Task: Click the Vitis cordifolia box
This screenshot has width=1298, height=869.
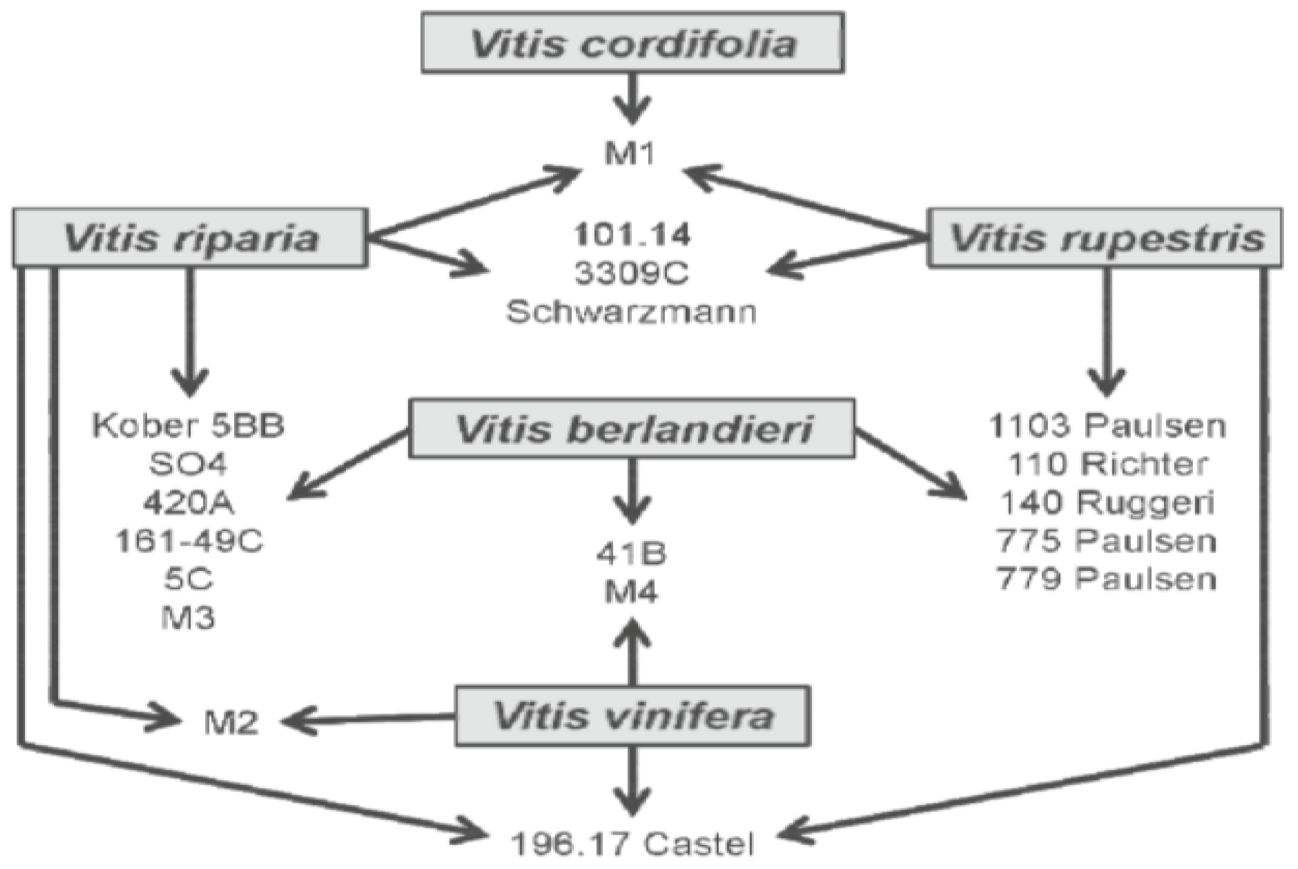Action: pos(633,43)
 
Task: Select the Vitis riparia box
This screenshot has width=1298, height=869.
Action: pos(190,238)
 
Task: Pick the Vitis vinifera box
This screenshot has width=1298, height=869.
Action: pos(633,716)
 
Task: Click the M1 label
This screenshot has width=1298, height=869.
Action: pos(630,153)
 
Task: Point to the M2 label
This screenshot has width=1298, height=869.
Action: pos(231,723)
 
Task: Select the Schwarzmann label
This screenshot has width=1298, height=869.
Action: pos(631,312)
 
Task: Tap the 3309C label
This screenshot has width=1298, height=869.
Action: pos(631,273)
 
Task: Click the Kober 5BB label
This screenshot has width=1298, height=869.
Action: pos(188,426)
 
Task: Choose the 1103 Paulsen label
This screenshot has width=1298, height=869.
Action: pos(1107,426)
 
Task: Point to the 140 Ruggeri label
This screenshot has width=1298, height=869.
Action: pos(1107,502)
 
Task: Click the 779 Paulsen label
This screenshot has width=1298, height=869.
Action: pos(1107,579)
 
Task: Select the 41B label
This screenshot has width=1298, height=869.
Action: pos(631,554)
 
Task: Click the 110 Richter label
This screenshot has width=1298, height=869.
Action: pos(1107,464)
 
